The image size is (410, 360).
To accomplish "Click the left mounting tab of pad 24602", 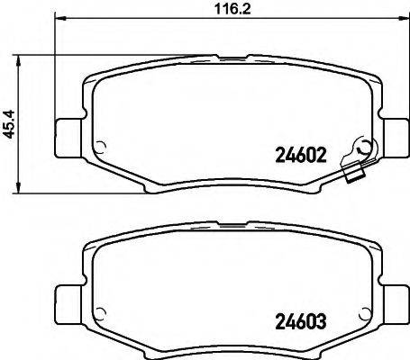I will click(x=67, y=135).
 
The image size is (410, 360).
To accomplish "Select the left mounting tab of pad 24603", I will click(x=67, y=298).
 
